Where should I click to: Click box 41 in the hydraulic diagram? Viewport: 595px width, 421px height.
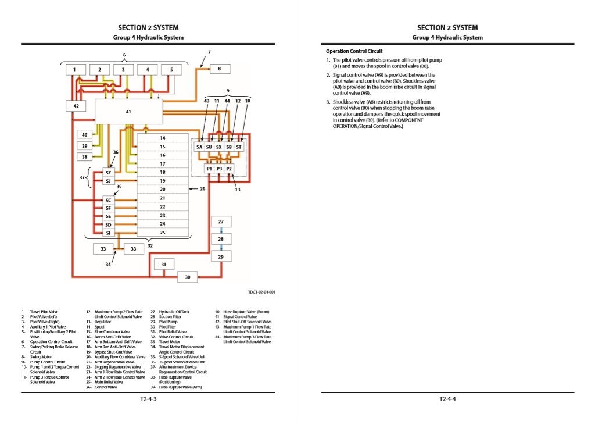(128, 110)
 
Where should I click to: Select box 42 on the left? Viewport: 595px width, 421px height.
(76, 106)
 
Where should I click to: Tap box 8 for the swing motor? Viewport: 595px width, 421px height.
(220, 69)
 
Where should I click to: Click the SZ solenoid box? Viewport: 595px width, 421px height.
(108, 173)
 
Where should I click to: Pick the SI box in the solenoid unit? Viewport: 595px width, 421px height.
(108, 233)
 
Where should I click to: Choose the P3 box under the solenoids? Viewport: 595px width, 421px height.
(219, 169)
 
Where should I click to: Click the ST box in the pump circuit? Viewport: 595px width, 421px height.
(239, 147)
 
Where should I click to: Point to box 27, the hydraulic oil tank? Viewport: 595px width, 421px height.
(221, 222)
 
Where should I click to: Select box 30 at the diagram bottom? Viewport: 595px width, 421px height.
(188, 277)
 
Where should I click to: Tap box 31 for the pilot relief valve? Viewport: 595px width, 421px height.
(164, 265)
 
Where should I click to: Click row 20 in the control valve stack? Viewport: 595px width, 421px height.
(163, 190)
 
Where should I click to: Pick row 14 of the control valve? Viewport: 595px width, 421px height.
(163, 138)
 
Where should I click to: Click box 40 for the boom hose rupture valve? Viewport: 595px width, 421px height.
(84, 135)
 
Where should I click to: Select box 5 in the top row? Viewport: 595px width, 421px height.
(171, 70)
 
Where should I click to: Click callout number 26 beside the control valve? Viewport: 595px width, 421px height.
(203, 189)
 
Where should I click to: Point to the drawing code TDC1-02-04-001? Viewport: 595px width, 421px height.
(261, 292)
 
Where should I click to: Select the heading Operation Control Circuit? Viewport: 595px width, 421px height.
(354, 51)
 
